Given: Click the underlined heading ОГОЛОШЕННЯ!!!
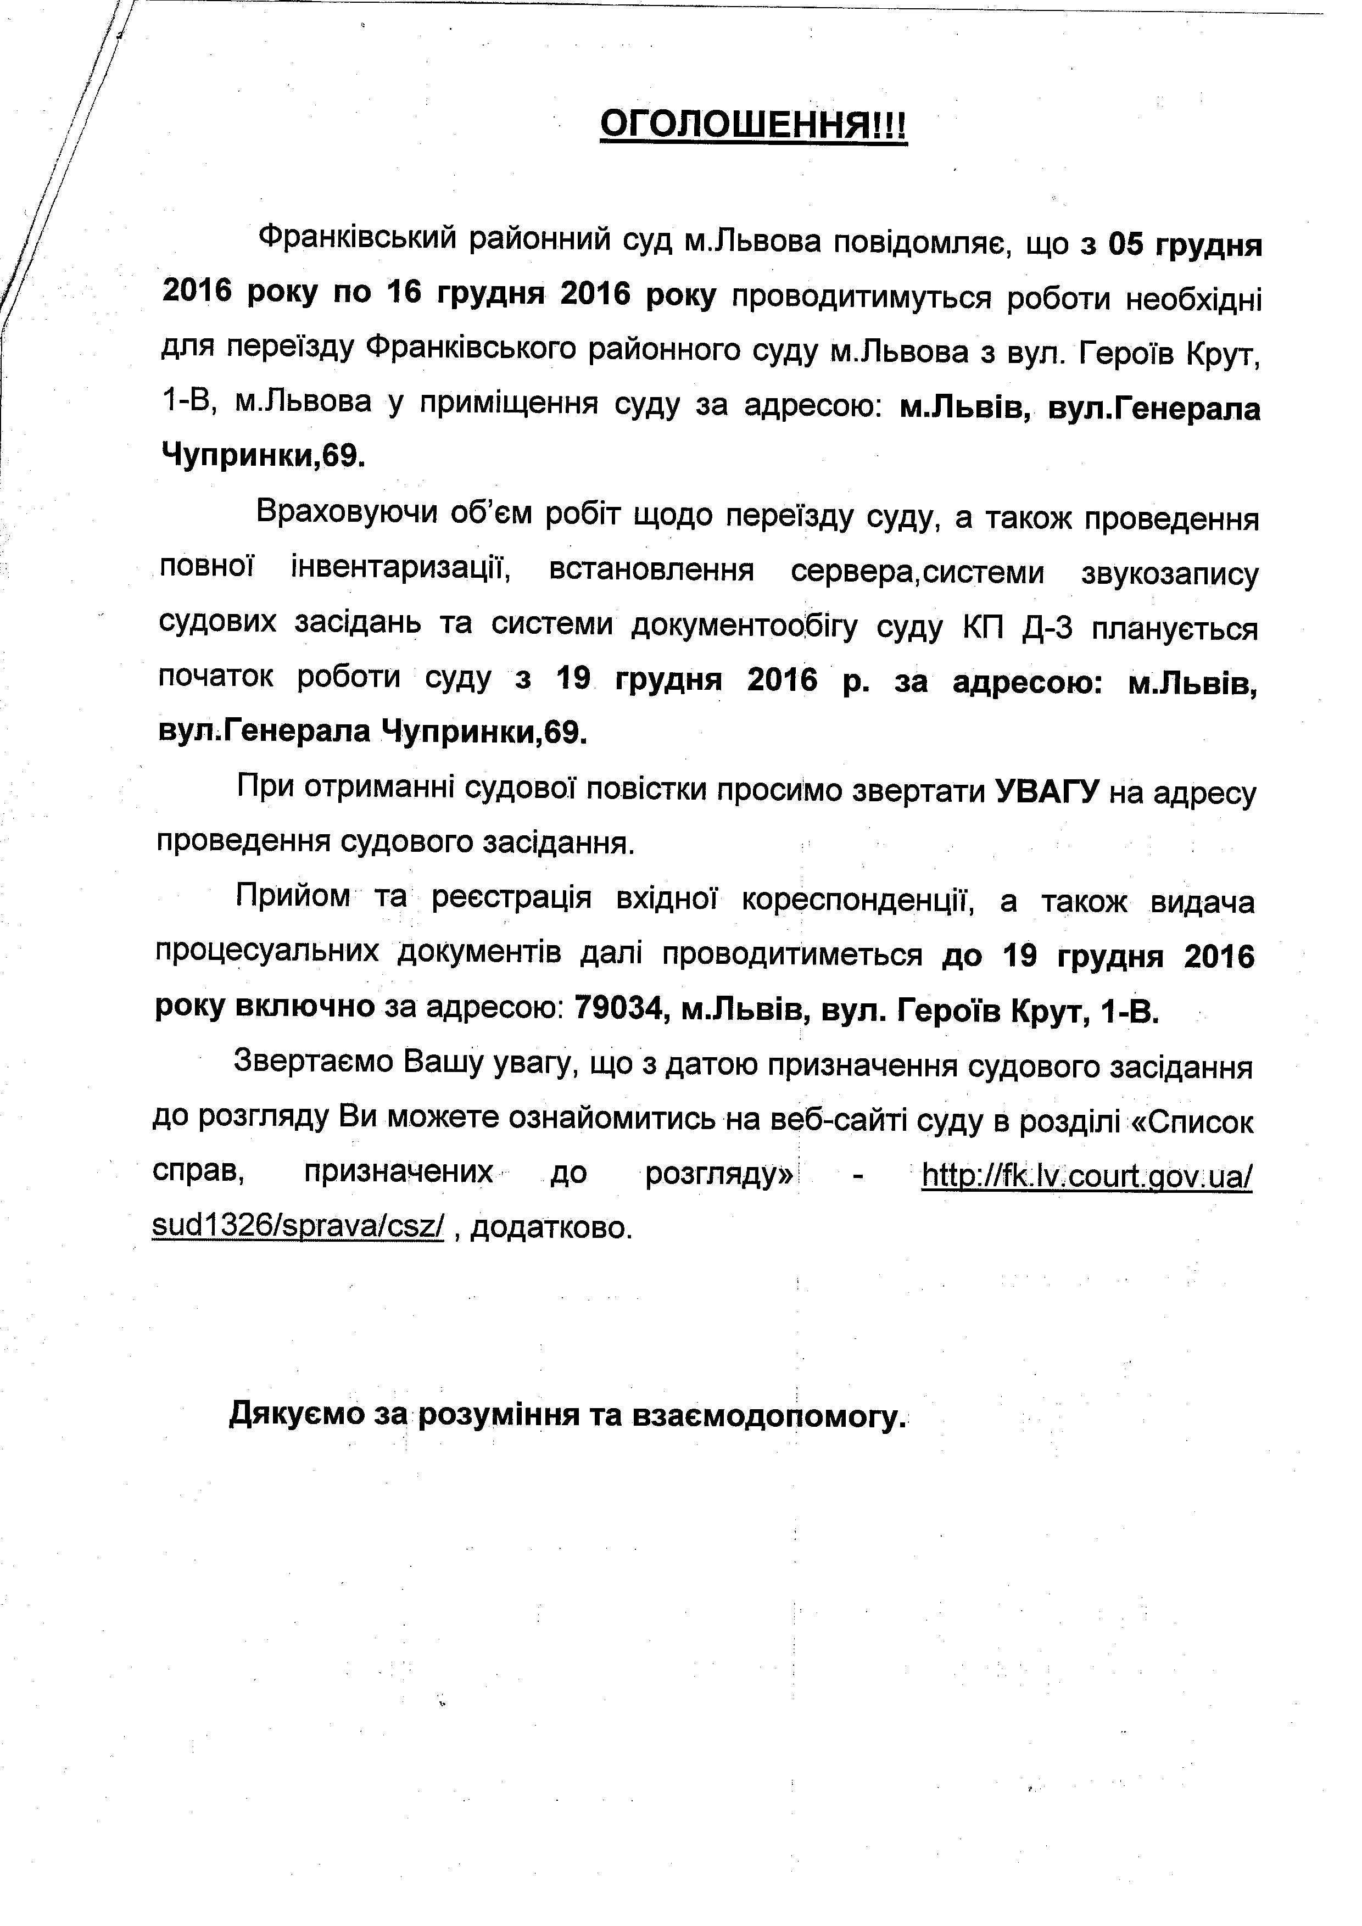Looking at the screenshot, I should tap(753, 127).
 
